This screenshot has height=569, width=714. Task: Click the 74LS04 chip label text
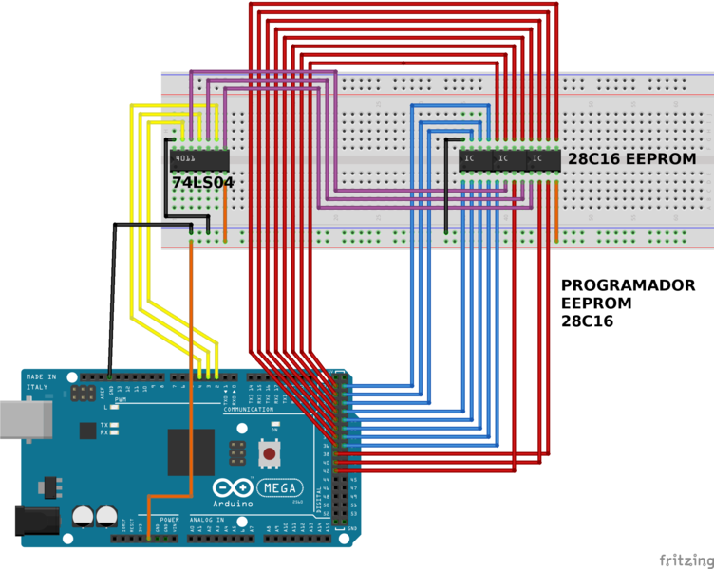click(x=202, y=181)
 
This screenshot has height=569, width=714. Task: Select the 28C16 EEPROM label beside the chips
click(x=630, y=159)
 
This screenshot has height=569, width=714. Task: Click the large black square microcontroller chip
click(x=191, y=451)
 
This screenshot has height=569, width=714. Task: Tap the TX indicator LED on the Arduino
click(x=115, y=425)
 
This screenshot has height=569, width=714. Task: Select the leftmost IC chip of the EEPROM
click(x=471, y=161)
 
